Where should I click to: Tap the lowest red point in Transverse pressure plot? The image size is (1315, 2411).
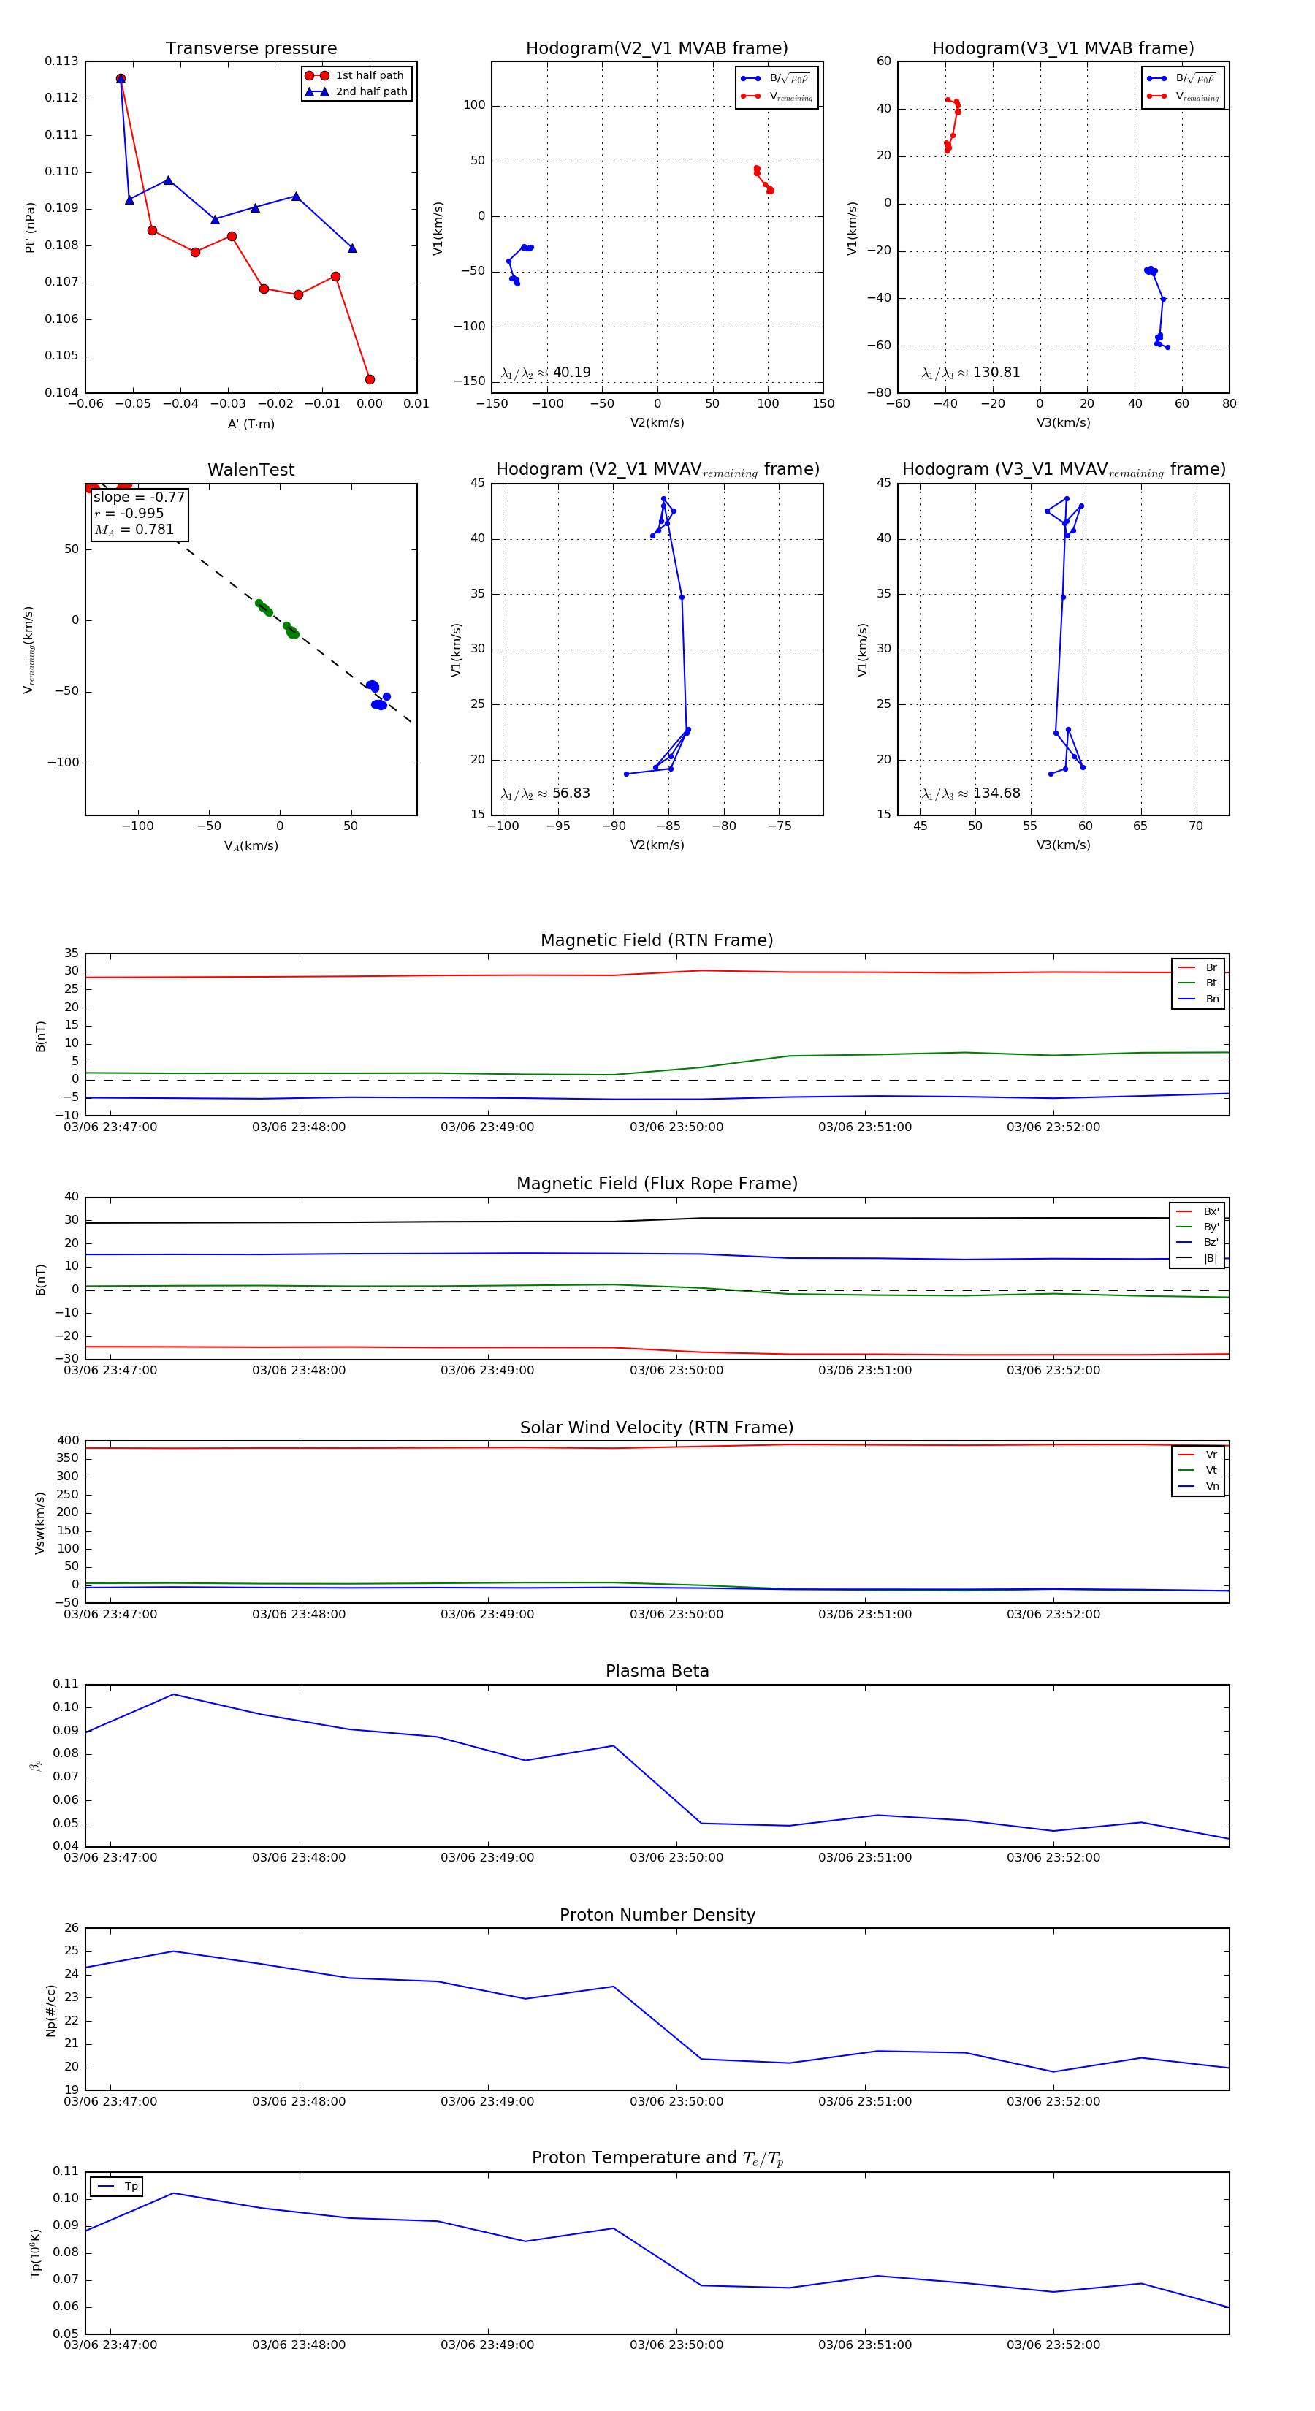point(370,379)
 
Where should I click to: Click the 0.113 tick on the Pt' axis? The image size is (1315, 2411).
point(62,62)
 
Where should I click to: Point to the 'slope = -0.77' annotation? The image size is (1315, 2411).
point(139,497)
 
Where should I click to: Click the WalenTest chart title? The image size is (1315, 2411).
point(251,470)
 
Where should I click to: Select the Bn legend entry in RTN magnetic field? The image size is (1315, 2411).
point(1211,999)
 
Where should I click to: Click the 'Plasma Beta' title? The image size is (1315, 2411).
point(657,1671)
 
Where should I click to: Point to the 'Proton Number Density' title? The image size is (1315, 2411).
point(657,1914)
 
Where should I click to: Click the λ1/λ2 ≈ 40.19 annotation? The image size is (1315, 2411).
point(546,373)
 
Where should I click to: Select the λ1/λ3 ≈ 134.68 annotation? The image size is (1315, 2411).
point(971,793)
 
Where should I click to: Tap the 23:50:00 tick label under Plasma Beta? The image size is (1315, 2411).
point(676,1857)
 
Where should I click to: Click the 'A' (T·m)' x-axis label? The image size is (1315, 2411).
point(251,424)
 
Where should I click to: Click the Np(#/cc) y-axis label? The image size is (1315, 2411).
point(50,2011)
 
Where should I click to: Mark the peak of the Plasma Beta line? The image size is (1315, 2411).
point(173,1694)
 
